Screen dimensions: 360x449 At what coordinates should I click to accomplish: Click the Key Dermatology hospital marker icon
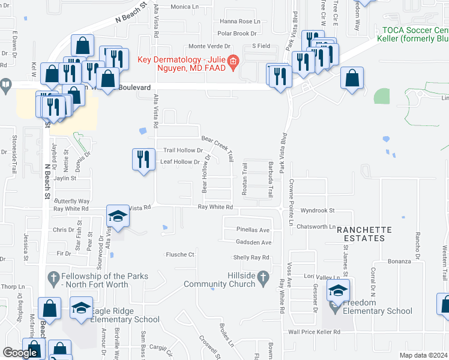click(x=234, y=62)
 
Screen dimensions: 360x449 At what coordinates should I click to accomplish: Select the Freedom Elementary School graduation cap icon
click(x=338, y=292)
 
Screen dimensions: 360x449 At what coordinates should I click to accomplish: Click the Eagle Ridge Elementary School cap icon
click(x=81, y=308)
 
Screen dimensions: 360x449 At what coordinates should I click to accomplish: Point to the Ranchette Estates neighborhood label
click(x=364, y=234)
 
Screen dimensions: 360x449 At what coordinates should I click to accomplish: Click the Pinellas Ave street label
click(x=253, y=230)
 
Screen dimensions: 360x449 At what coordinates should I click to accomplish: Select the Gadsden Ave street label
click(x=253, y=242)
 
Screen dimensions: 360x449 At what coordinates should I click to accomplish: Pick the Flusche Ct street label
click(x=180, y=254)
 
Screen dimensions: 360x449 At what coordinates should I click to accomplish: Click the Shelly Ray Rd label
click(x=252, y=258)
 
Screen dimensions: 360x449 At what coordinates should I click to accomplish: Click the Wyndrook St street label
click(x=318, y=211)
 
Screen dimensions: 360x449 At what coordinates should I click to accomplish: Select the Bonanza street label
click(x=399, y=261)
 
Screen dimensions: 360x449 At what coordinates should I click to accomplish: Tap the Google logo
click(x=20, y=353)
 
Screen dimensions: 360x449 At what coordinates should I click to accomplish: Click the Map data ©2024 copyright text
click(x=423, y=355)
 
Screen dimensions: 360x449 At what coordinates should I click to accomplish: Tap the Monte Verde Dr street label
click(x=210, y=46)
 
